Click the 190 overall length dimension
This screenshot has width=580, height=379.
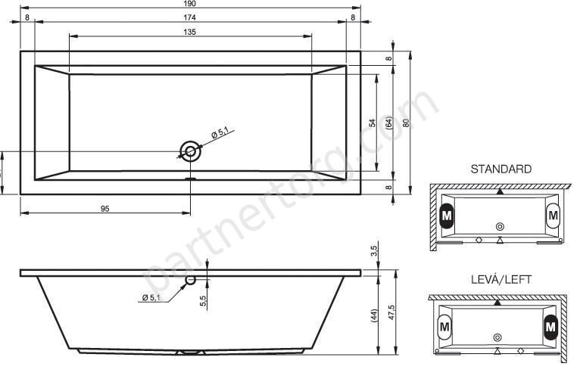(189, 4)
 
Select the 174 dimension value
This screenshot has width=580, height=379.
(189, 17)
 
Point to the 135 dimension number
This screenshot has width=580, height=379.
(189, 32)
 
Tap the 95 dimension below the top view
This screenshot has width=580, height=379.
(105, 209)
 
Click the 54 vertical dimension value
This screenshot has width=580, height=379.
(373, 123)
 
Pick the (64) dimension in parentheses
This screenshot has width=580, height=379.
(388, 123)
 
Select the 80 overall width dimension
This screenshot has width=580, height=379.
(406, 123)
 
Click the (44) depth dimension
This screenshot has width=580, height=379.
(374, 317)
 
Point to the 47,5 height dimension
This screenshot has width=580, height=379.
(391, 312)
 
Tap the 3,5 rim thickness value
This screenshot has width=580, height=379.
(374, 251)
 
